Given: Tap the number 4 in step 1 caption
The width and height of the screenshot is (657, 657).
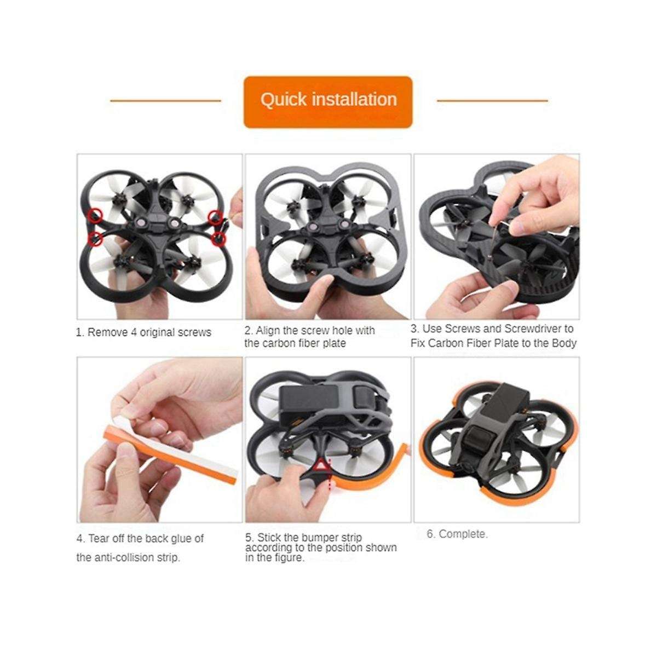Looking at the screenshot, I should point(134,332).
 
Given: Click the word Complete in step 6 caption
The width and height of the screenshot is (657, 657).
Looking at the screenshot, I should point(462,534).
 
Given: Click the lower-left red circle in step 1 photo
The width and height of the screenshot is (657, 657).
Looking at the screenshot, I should point(96,238).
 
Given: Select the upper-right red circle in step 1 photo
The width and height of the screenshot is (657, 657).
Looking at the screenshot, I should point(216,216).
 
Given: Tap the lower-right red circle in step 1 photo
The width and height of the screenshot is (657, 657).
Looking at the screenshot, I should point(219,238).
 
